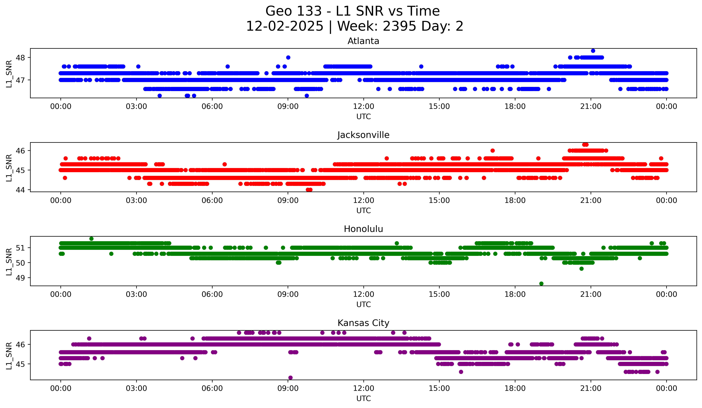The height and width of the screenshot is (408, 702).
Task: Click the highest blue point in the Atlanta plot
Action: (x=593, y=51)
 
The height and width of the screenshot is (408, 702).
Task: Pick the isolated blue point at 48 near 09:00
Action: (x=288, y=57)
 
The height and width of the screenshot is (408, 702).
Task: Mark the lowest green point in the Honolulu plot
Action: (x=541, y=284)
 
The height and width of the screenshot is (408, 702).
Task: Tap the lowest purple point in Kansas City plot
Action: (x=290, y=378)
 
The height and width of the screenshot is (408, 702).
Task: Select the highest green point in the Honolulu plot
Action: (x=91, y=239)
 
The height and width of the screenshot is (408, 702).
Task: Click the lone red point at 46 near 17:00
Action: (x=493, y=151)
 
